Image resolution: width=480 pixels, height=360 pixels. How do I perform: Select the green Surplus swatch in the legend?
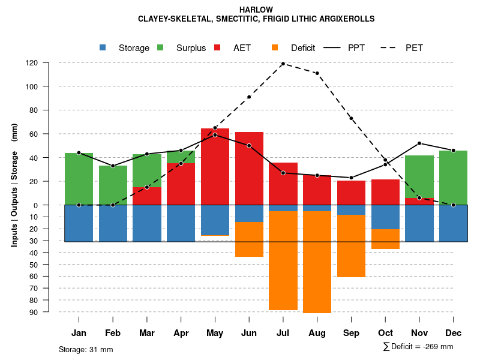point(160,47)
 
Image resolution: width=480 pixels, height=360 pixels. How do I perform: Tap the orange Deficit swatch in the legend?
point(275,47)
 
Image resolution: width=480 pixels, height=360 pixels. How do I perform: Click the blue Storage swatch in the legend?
point(103,47)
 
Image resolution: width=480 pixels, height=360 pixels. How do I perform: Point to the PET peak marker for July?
point(283,64)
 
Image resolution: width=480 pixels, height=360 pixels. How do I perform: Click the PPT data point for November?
point(419,143)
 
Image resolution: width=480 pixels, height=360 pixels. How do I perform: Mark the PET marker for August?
point(317,73)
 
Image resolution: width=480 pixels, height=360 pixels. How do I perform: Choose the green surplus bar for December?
point(453,178)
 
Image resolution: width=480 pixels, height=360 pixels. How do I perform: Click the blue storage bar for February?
point(113,223)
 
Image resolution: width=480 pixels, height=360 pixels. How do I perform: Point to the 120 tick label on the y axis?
point(49,63)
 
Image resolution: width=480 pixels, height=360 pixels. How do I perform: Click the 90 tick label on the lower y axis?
point(50,312)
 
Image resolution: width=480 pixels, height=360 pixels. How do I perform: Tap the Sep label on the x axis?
point(351,333)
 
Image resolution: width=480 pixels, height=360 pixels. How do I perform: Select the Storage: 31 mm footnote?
point(86,349)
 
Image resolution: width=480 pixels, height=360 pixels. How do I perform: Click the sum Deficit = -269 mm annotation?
point(418,347)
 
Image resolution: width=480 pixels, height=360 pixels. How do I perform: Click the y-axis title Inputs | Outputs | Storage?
point(14,185)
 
